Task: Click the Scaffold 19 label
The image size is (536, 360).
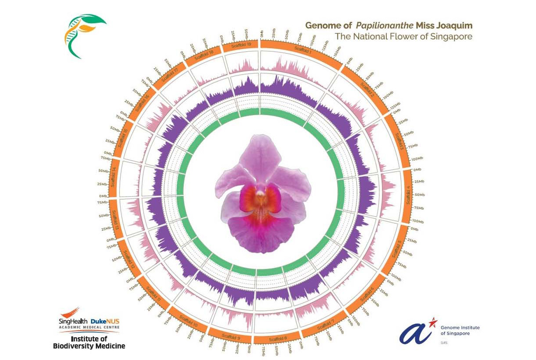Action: coord(242,45)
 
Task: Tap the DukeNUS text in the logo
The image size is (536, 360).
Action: coord(105,321)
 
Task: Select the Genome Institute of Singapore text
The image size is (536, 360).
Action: coord(460,330)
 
